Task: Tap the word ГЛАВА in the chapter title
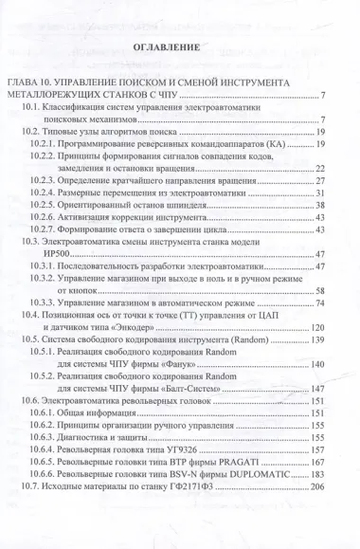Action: [27, 83]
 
